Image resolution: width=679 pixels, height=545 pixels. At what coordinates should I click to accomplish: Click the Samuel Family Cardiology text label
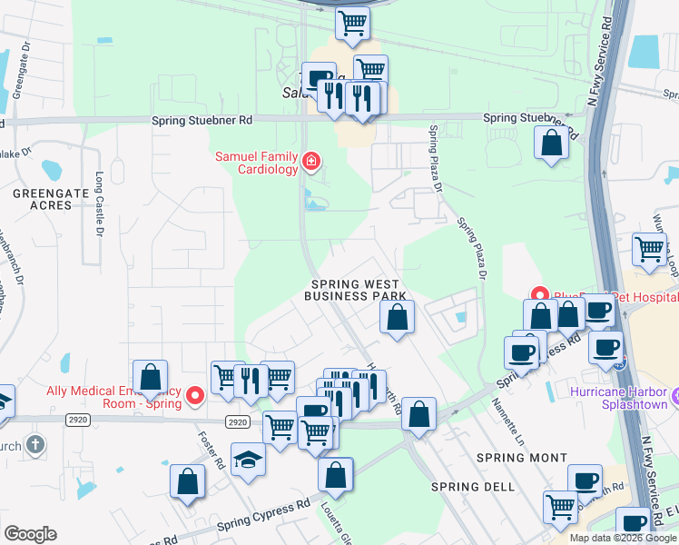click(x=256, y=163)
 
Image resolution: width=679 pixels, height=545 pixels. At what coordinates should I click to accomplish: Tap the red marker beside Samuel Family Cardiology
click(x=311, y=162)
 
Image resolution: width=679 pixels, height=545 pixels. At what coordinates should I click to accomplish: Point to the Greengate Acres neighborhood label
click(x=42, y=199)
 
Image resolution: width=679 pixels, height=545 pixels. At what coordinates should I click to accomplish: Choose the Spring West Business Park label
click(x=354, y=290)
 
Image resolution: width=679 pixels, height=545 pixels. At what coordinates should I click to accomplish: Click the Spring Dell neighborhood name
click(x=473, y=487)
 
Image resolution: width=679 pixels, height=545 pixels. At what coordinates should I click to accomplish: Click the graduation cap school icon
click(x=247, y=459)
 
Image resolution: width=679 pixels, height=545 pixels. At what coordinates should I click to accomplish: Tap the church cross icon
click(x=34, y=444)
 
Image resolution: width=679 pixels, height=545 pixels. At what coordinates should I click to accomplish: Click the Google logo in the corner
click(x=30, y=534)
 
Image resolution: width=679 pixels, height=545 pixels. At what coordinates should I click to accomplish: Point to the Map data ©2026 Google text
click(x=623, y=538)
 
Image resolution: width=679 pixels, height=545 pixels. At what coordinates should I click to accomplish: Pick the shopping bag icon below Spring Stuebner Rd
click(x=550, y=143)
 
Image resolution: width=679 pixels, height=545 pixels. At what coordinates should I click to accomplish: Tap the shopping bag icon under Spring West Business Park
click(x=397, y=317)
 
